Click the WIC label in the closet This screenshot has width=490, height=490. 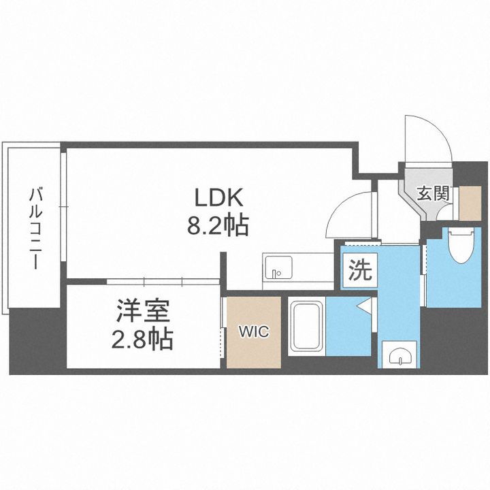click(253, 332)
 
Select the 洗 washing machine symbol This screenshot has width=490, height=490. click(360, 271)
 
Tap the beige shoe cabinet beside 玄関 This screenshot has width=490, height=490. click(470, 202)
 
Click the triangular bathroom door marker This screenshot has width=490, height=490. click(364, 306)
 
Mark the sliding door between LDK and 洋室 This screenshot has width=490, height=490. click(163, 280)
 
